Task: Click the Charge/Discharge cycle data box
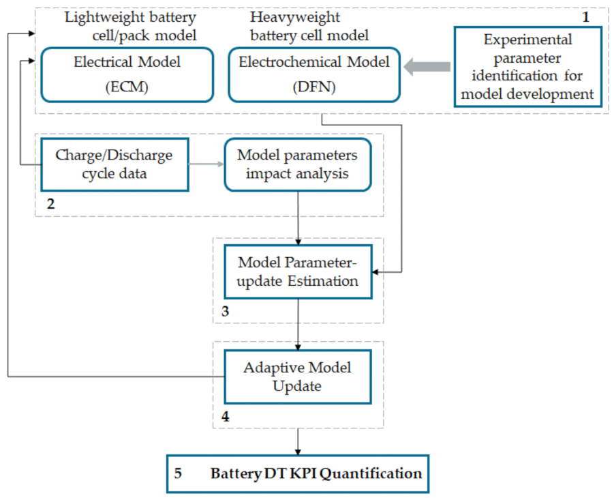click(114, 164)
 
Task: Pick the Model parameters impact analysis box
click(298, 164)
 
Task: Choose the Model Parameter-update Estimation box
click(298, 271)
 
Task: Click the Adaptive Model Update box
click(298, 377)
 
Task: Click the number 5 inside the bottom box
click(178, 473)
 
